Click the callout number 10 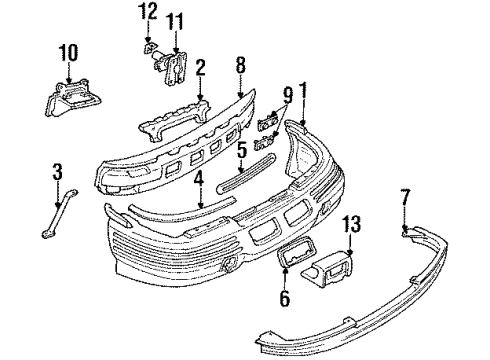(x=68, y=51)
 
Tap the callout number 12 (x=148, y=12)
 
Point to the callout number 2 (x=200, y=68)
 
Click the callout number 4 (x=199, y=181)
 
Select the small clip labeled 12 (x=148, y=48)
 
